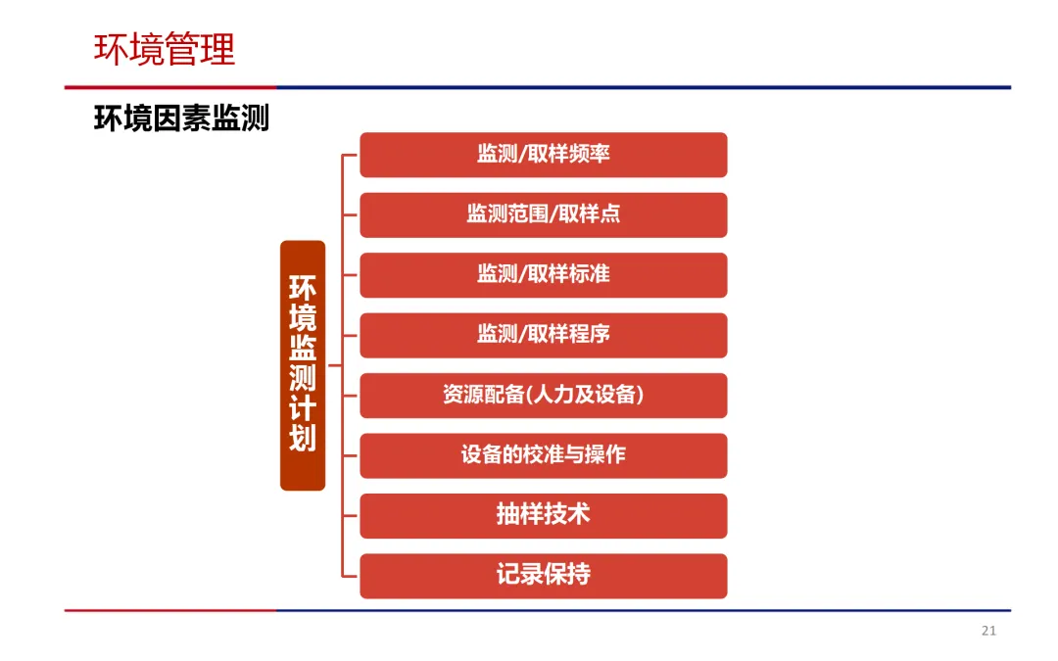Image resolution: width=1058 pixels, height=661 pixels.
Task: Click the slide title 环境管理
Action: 165,49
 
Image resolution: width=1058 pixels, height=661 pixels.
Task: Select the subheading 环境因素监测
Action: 181,118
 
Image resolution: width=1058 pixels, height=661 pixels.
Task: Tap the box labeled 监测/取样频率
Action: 543,155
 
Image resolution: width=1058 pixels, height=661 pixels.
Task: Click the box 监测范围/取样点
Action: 543,214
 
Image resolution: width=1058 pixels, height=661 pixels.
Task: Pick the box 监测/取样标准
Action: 543,275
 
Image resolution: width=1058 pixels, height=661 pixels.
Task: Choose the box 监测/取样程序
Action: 543,335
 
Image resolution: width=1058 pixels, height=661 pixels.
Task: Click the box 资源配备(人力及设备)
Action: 543,396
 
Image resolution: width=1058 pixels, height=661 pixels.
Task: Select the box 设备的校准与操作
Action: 543,455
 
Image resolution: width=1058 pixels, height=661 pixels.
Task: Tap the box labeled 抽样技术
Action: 543,515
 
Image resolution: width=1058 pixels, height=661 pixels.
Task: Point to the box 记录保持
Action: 543,576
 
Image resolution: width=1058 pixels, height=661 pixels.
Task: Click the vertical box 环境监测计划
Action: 303,364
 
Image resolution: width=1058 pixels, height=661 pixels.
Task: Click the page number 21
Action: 988,631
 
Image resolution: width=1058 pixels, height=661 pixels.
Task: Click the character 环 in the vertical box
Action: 303,290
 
